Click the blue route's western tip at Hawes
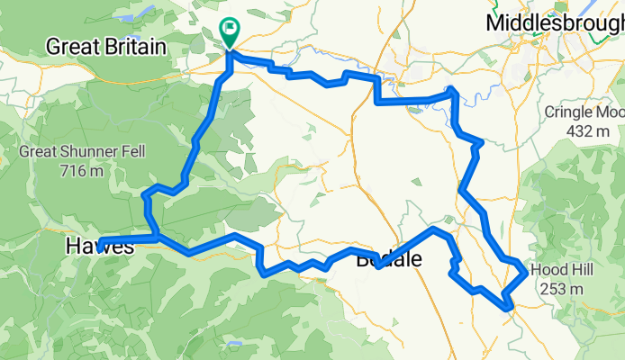[98, 240]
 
